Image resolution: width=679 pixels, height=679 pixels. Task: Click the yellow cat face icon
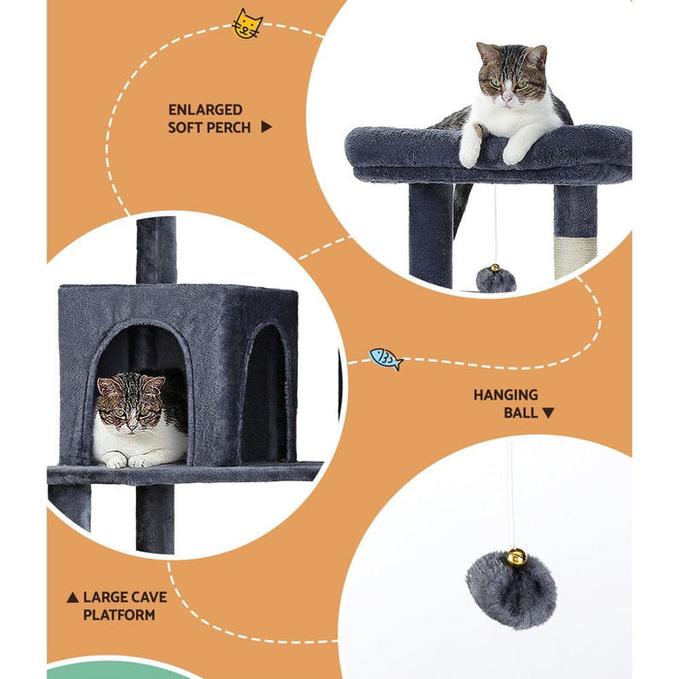pyautogui.click(x=247, y=24)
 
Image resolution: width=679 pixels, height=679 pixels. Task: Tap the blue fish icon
pyautogui.click(x=385, y=359)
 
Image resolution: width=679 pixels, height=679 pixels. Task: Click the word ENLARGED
pyautogui.click(x=206, y=110)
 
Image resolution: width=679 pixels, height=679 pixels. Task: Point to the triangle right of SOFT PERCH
pyautogui.click(x=267, y=127)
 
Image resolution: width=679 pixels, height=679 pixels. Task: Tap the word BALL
pyautogui.click(x=520, y=412)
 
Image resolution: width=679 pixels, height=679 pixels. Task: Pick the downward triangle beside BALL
pyautogui.click(x=548, y=412)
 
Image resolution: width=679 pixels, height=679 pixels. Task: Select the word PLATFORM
pyautogui.click(x=118, y=615)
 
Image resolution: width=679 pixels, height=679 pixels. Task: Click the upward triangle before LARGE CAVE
pyautogui.click(x=72, y=598)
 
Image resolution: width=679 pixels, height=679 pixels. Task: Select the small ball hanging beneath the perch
pyautogui.click(x=496, y=279)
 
